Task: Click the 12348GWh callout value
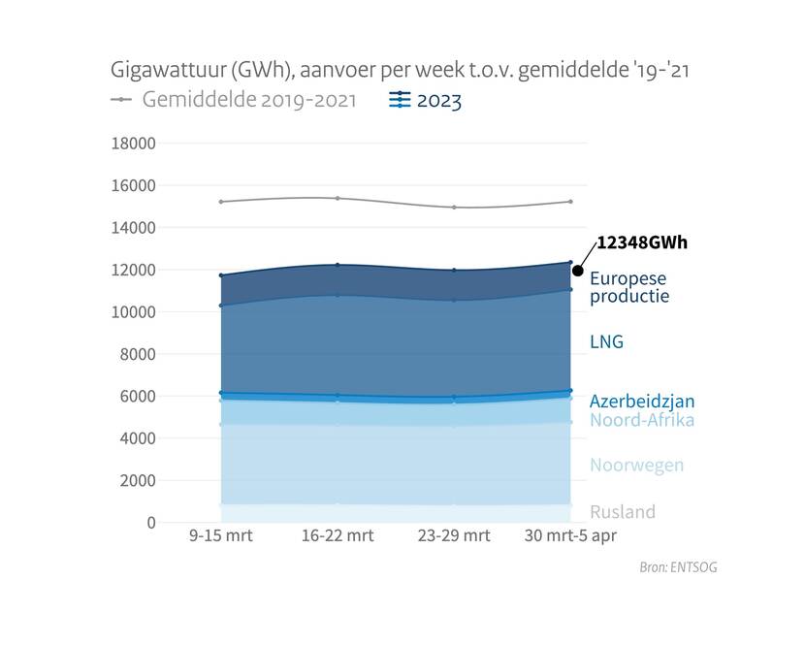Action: [641, 242]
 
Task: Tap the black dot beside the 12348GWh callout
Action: [578, 271]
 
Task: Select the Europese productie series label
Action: [629, 287]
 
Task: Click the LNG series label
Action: [606, 341]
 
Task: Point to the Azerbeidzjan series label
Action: [642, 402]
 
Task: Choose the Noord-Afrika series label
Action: [642, 420]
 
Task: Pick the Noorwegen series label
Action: [636, 466]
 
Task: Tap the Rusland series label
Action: [623, 512]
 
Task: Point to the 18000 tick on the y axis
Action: [134, 144]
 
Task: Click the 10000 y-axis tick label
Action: [134, 312]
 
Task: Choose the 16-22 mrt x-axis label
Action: [337, 536]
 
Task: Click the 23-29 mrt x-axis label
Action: [453, 536]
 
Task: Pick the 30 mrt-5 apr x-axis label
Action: [569, 536]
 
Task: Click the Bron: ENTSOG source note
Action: [678, 567]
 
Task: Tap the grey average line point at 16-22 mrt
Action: [337, 198]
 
